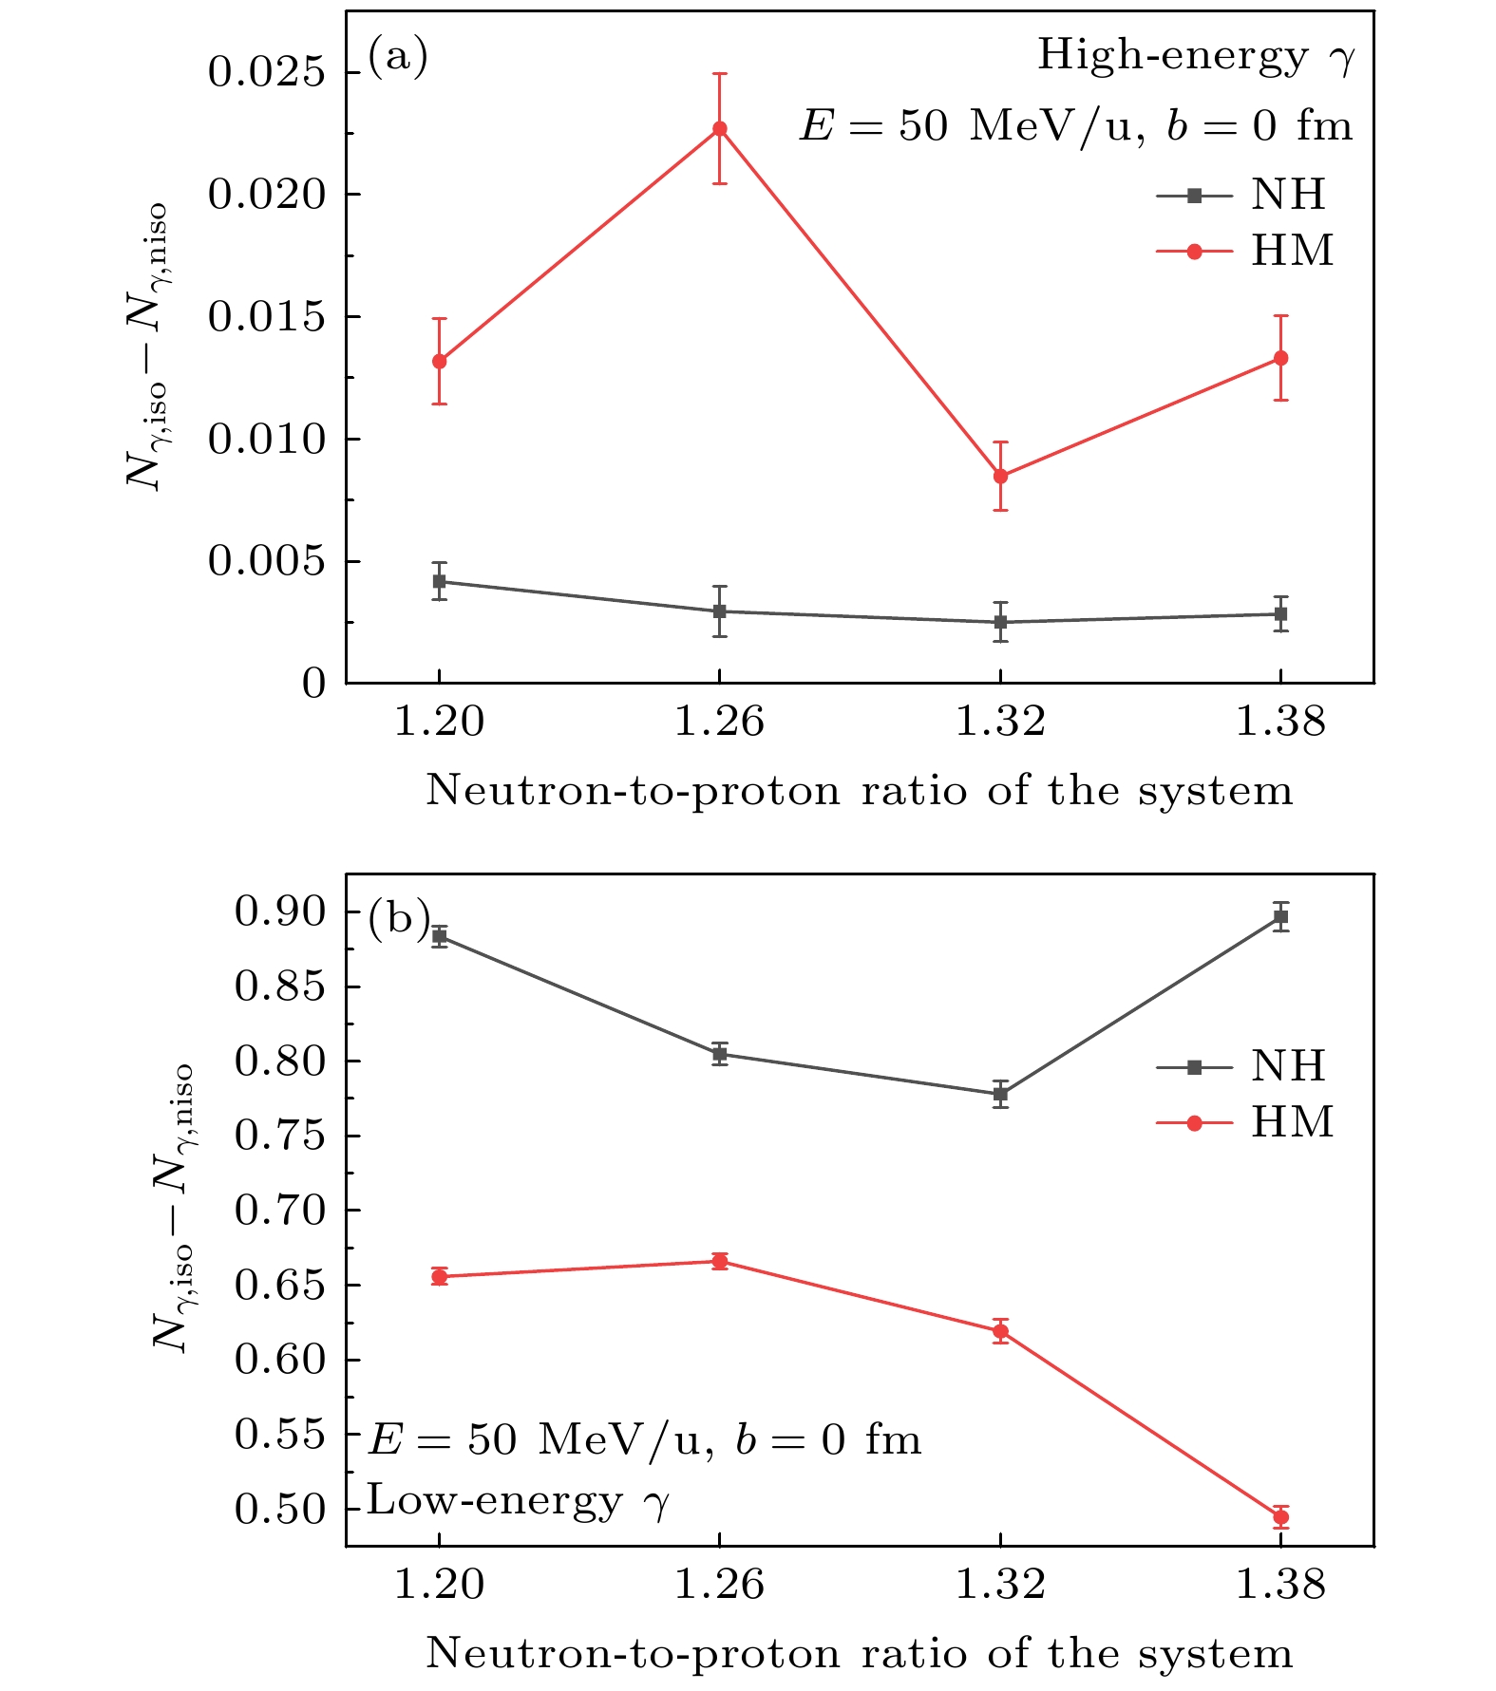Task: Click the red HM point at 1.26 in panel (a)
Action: (x=720, y=129)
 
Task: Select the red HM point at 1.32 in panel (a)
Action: (x=1000, y=476)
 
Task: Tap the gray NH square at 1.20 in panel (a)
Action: (x=439, y=581)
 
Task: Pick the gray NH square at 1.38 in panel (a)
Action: (x=1280, y=614)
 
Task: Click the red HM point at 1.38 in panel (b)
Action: (x=1280, y=1517)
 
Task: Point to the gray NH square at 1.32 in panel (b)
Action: (x=1000, y=1094)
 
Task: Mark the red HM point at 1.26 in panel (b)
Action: (x=720, y=1261)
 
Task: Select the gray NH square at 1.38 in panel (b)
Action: (x=1280, y=917)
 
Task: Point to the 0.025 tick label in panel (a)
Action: (x=268, y=73)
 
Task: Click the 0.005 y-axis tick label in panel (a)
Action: (x=268, y=562)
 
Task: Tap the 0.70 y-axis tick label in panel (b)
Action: (x=281, y=1211)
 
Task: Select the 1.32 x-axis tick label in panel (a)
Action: (x=1000, y=723)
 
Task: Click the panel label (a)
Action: (x=398, y=57)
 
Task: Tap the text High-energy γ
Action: (x=1196, y=57)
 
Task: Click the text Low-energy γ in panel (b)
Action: (x=519, y=1501)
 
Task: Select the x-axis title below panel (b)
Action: (x=859, y=1654)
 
